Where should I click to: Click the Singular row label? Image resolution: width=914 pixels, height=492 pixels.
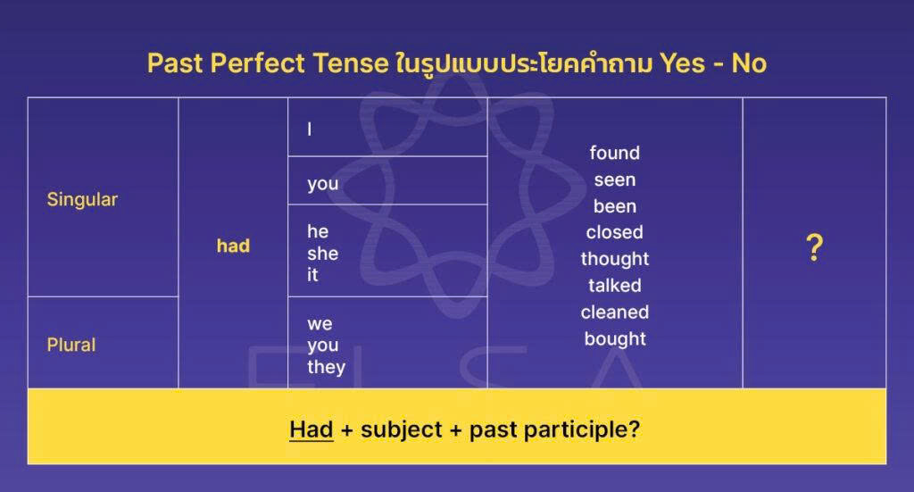click(82, 199)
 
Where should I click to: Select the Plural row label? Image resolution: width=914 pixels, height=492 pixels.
click(71, 345)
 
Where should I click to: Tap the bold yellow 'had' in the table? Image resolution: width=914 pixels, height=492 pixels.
click(233, 246)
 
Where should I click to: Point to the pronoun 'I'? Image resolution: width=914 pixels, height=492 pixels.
click(310, 129)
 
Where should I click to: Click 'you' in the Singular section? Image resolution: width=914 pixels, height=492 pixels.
click(322, 183)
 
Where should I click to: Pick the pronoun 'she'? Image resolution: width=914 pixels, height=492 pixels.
click(322, 254)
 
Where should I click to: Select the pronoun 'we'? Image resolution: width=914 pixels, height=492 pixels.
click(320, 323)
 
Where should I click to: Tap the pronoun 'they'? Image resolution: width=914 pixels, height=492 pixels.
click(326, 367)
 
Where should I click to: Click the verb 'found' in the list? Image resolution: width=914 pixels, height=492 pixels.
click(614, 153)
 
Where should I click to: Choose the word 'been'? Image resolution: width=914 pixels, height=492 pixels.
click(614, 206)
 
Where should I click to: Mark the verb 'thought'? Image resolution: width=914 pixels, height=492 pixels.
click(614, 259)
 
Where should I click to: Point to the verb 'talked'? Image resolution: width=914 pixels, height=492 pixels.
click(614, 286)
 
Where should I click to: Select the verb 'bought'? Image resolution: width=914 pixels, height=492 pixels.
click(614, 339)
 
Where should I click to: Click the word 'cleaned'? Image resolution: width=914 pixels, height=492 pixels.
click(614, 313)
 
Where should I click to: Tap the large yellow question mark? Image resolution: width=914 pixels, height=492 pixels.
click(813, 248)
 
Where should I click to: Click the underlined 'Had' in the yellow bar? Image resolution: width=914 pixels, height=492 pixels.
click(311, 429)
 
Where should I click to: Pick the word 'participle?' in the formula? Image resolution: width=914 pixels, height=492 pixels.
click(586, 429)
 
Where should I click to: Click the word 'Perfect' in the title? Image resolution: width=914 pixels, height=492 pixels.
click(254, 64)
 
